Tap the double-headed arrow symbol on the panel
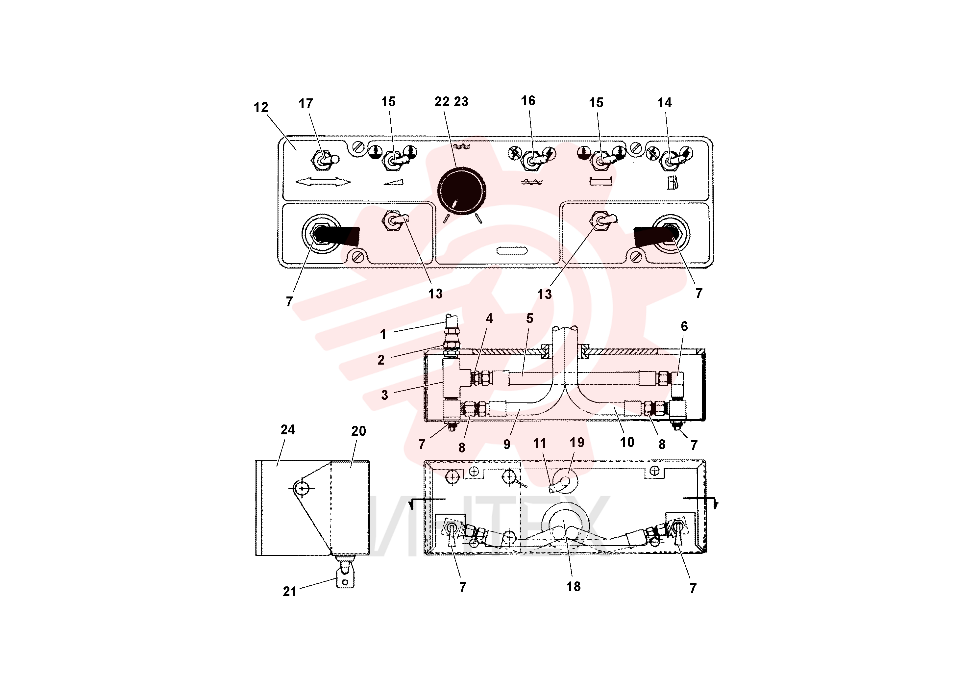click(323, 182)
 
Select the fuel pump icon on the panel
click(673, 183)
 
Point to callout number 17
click(306, 104)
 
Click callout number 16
click(528, 101)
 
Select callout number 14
click(664, 102)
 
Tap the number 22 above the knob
click(442, 102)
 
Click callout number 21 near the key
click(289, 591)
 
